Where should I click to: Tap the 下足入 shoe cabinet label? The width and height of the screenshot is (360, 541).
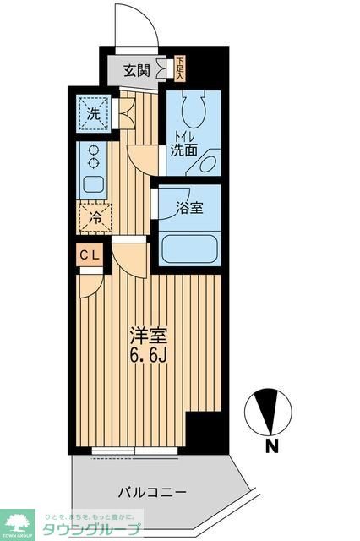180,67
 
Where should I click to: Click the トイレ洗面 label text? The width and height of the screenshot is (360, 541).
184,145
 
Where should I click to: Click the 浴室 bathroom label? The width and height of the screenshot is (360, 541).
188,207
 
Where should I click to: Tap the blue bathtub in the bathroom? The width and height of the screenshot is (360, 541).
190,249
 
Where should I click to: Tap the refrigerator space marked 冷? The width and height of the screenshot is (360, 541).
95,216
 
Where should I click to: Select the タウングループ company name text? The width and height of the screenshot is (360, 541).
87,528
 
